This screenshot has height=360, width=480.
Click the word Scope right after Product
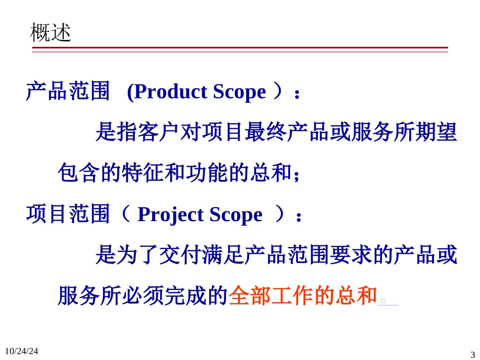[x=239, y=92]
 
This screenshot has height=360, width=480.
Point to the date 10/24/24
[x=21, y=350]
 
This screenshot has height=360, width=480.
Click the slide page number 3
[x=472, y=354]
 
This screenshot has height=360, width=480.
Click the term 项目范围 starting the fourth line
[x=68, y=215]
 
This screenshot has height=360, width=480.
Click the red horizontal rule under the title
[x=239, y=48]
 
